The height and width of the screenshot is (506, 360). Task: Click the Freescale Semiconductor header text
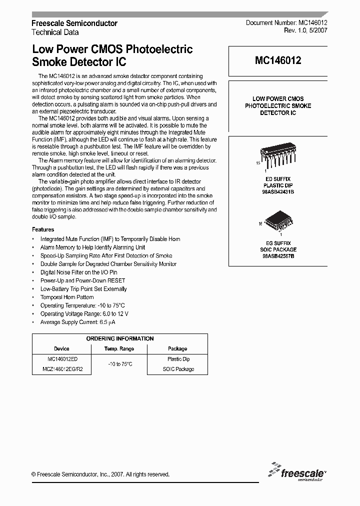[74, 23]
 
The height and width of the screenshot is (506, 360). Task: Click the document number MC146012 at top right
[286, 23]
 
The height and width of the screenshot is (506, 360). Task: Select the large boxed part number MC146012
[277, 61]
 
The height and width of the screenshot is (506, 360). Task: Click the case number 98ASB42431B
[278, 191]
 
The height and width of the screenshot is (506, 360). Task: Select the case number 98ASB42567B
[278, 256]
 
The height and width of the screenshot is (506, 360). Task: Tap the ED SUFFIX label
[278, 178]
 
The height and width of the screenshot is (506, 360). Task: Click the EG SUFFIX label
[278, 243]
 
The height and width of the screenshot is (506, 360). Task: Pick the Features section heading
[43, 229]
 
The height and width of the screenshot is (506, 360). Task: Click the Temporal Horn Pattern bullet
[67, 297]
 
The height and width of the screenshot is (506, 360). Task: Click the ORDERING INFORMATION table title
[120, 338]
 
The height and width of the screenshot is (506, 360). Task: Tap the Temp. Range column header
[119, 348]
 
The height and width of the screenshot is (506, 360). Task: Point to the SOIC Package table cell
[178, 369]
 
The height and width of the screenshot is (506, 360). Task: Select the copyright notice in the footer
[100, 474]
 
